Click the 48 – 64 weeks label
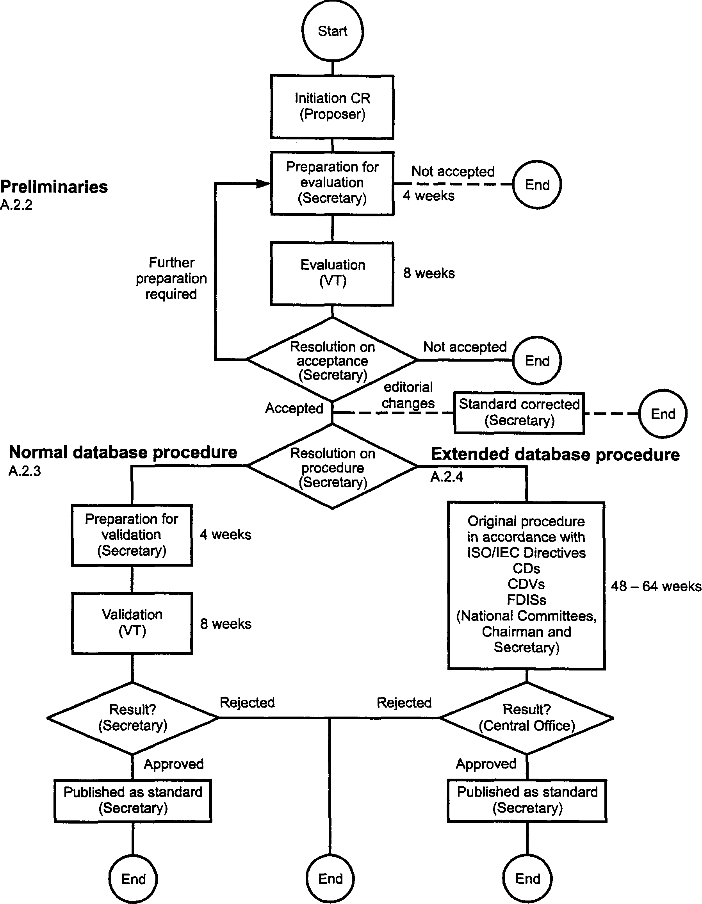(656, 586)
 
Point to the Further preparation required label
(171, 278)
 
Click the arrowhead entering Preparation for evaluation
(264, 184)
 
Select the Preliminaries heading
(54, 187)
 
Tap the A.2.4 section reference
(447, 477)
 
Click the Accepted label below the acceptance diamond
(294, 408)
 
